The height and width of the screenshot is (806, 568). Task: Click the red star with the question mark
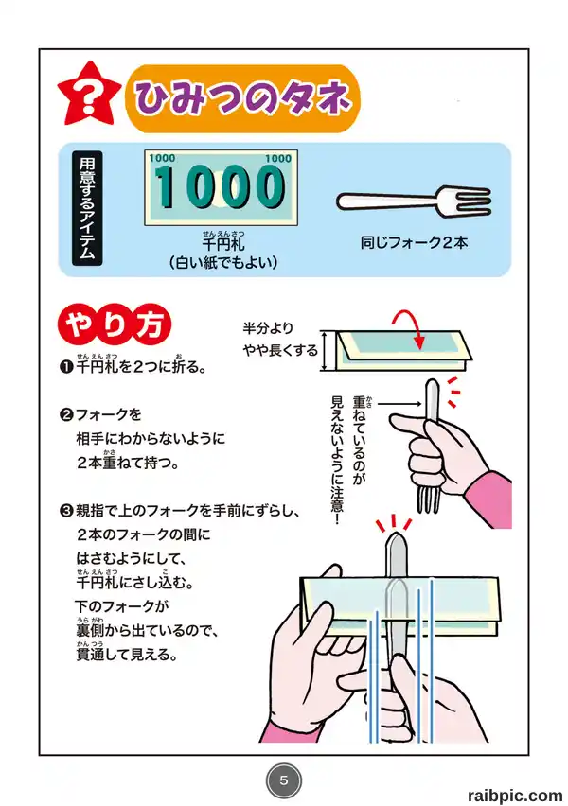click(89, 96)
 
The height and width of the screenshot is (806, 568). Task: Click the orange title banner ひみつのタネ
click(241, 98)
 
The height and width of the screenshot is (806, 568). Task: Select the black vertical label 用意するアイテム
click(87, 208)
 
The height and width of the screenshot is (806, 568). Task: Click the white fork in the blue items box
click(414, 201)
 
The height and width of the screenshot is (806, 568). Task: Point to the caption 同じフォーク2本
click(415, 242)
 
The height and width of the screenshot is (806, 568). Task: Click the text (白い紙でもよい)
click(222, 263)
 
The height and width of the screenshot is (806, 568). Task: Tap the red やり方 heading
click(115, 324)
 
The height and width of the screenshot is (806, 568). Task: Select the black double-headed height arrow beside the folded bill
click(324, 351)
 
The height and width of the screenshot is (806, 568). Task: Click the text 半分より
click(268, 328)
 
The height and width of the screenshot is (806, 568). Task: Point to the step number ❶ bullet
click(66, 367)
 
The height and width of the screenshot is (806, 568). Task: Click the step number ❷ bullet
click(66, 414)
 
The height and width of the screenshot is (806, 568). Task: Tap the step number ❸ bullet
click(66, 511)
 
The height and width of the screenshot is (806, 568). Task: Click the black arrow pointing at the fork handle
click(399, 405)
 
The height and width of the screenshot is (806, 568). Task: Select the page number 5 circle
click(283, 780)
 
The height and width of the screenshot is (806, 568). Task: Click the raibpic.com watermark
click(515, 796)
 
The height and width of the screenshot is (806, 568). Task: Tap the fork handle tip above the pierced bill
click(396, 535)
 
